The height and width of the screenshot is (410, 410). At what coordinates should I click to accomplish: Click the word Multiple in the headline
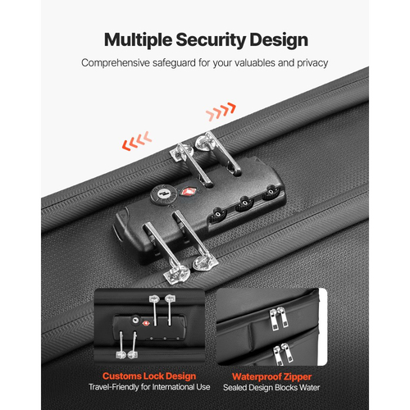click(138, 40)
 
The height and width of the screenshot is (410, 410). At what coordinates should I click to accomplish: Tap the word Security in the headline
click(211, 41)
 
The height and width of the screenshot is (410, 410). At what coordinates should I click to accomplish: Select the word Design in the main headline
click(279, 41)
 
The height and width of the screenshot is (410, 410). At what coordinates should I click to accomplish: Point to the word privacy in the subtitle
click(312, 63)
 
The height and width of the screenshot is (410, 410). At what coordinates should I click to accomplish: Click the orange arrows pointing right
click(221, 112)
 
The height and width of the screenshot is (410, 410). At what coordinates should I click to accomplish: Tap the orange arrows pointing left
click(137, 140)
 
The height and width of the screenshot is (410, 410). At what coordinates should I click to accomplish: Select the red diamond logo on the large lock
click(187, 191)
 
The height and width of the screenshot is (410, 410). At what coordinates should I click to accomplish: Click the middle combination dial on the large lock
click(245, 203)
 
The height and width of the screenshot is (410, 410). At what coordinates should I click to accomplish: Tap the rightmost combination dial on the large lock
click(271, 192)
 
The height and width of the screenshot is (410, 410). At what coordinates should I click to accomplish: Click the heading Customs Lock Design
click(149, 376)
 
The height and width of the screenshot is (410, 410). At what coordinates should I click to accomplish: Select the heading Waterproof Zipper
click(271, 376)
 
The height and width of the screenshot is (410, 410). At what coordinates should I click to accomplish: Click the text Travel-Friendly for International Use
click(149, 387)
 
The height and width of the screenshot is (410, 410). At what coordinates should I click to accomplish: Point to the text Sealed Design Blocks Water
click(271, 388)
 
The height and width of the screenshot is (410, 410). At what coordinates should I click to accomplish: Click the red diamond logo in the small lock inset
click(146, 323)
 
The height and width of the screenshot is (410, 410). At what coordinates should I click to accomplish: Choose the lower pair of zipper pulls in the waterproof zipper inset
click(283, 353)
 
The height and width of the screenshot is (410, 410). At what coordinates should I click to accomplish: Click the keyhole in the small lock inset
click(135, 320)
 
